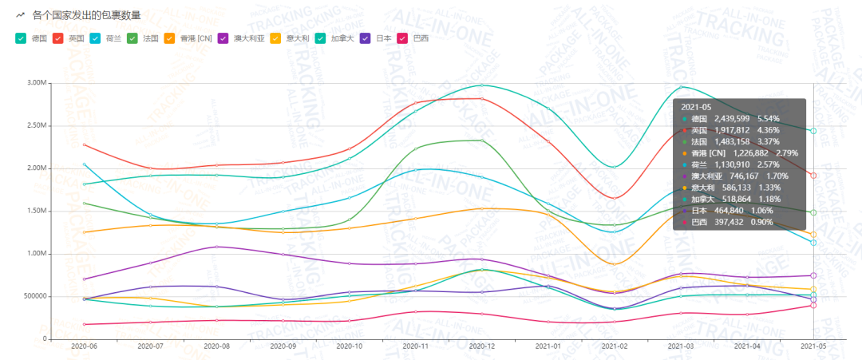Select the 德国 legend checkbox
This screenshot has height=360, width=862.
[21, 38]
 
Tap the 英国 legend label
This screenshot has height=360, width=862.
[77, 38]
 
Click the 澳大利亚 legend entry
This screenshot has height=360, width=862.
[248, 38]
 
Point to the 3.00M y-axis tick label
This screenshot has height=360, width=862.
[36, 82]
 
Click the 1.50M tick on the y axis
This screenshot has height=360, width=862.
[36, 211]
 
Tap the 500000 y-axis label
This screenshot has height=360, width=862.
[34, 296]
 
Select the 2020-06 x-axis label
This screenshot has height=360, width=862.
[84, 347]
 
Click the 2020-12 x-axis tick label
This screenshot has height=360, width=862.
[481, 347]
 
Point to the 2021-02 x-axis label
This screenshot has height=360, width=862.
[614, 347]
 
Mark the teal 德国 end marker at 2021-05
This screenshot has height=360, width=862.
[813, 131]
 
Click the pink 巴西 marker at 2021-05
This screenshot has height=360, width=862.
[813, 305]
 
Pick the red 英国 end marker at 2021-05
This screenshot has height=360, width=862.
[813, 176]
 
